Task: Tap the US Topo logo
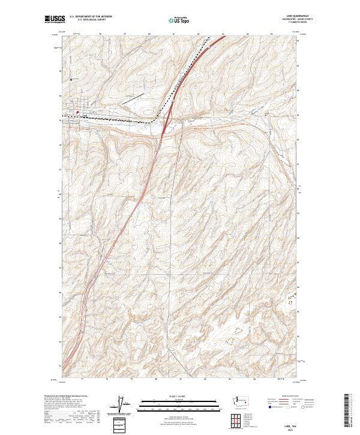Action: (x=175, y=20)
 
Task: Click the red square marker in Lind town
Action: (x=77, y=111)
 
